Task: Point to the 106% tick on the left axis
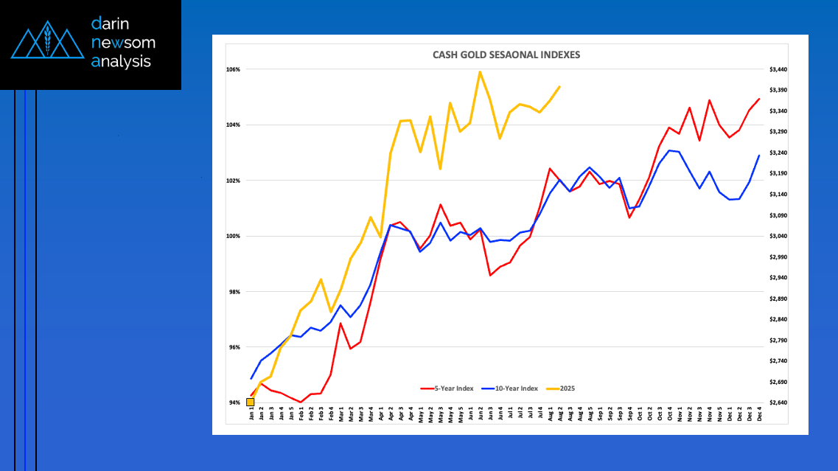click(x=234, y=70)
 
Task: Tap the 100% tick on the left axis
click(x=234, y=237)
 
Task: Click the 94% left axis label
click(x=234, y=402)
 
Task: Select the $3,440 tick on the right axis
click(x=778, y=70)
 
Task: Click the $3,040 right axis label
click(x=778, y=237)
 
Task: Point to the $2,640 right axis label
click(x=778, y=402)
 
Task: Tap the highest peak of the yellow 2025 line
click(x=480, y=71)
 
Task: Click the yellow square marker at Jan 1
click(x=251, y=402)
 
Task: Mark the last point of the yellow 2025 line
click(x=560, y=86)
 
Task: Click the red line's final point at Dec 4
click(x=759, y=99)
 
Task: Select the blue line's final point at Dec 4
click(x=759, y=155)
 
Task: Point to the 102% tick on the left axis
click(x=234, y=181)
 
